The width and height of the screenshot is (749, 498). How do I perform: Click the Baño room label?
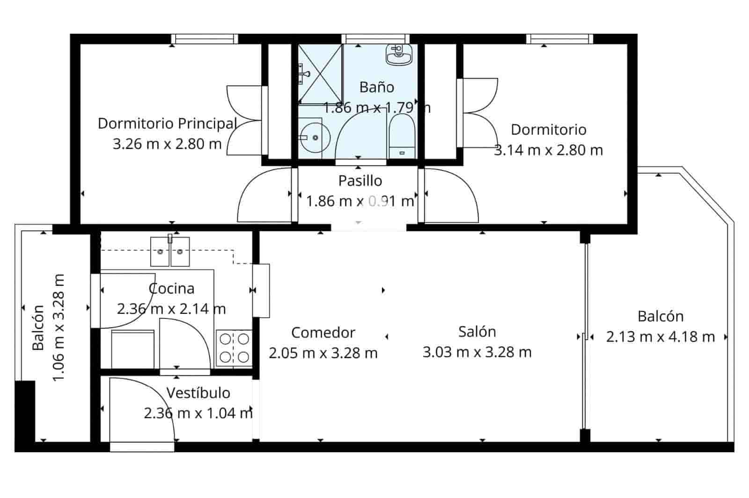coord(376,87)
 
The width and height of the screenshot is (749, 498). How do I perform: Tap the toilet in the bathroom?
coord(402,136)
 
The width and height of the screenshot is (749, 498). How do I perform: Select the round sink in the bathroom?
coord(315,137)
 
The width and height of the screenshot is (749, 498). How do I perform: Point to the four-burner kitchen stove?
coord(234,348)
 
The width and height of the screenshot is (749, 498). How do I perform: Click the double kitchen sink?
coord(169,252)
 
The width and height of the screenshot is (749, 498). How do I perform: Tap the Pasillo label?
coord(360,180)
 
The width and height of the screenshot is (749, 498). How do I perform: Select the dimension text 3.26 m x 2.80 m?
coord(167,144)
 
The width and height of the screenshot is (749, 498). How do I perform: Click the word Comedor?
coord(323,332)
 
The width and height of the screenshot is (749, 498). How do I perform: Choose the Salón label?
coord(477,332)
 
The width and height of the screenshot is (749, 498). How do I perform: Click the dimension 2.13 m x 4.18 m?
coord(660,337)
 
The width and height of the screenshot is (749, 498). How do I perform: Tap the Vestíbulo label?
coord(198,393)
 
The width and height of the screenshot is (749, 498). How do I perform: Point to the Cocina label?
coord(171,289)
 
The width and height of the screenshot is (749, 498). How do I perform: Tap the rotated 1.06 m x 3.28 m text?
coord(58,327)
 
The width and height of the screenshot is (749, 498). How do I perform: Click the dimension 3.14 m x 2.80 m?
coord(548,150)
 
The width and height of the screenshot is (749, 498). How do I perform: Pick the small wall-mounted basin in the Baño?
coord(398,54)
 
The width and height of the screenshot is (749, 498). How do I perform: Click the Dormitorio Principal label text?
coord(167,124)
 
